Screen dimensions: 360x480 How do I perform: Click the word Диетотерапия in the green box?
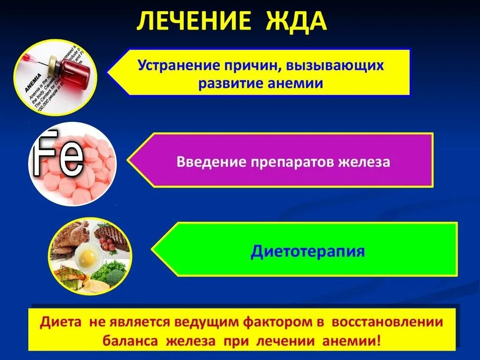307,251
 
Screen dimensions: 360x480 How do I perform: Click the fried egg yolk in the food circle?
88,255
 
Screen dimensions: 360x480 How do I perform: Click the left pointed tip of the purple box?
130,160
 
